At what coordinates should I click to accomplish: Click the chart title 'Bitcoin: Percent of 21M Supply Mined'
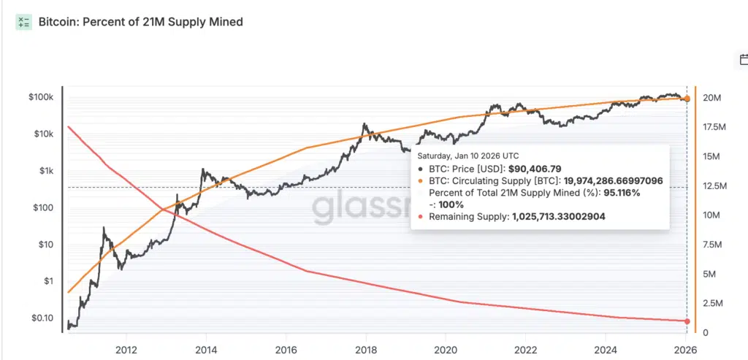[x=140, y=22]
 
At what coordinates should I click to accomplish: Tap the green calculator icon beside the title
[x=24, y=22]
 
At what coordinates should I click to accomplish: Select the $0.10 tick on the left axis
[x=45, y=318]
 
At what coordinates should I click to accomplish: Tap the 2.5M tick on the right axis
[x=713, y=303]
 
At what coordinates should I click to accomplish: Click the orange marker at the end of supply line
[x=687, y=99]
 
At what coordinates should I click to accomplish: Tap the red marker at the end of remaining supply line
[x=687, y=321]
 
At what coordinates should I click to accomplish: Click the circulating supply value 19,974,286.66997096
[x=614, y=180]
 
